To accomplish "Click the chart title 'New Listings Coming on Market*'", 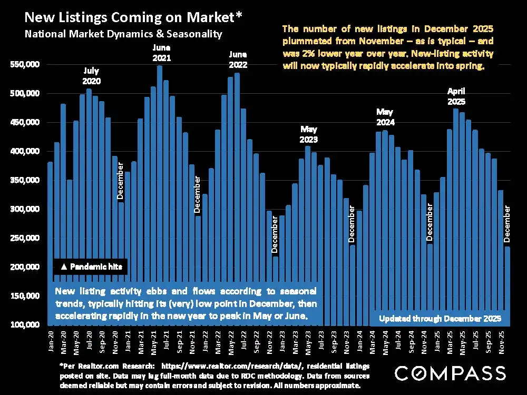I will [x=133, y=18].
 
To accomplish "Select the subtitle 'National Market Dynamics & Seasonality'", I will [x=123, y=34].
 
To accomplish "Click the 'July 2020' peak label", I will [x=91, y=76].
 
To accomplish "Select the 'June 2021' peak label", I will [x=160, y=53].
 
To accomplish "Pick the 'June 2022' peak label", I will [x=238, y=60].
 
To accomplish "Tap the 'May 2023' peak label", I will [x=309, y=134].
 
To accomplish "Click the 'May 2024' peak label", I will [x=385, y=117].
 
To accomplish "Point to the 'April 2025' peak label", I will [x=456, y=95].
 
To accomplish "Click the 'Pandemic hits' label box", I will [x=91, y=267].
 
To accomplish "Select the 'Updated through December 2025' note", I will [x=444, y=319].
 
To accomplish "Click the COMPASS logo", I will [x=450, y=373].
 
